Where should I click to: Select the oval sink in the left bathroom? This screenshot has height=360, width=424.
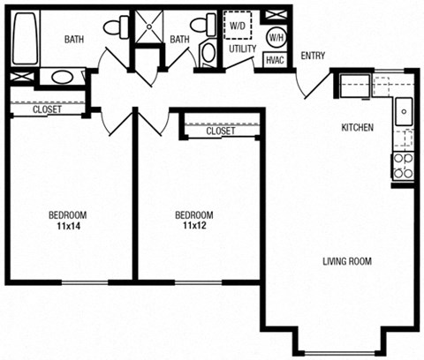pos(61,77)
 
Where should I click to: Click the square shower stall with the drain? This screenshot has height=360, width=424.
pos(148,26)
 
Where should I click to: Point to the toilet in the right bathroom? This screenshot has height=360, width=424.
pos(208,52)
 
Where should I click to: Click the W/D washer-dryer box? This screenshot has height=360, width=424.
pos(238,26)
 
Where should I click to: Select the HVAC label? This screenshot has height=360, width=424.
pos(276,60)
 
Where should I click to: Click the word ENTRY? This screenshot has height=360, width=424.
pos(313,56)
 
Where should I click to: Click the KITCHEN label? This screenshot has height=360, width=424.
pos(358,128)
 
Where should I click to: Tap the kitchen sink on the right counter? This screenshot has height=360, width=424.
pos(404,111)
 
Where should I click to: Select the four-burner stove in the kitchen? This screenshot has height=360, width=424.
pos(403,166)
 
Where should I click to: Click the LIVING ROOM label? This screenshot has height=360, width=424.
pos(346,261)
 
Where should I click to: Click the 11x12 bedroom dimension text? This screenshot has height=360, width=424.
pos(193,226)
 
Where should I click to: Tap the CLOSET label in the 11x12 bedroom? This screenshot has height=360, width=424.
pos(220,131)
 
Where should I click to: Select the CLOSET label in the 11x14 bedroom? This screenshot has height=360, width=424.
pos(47,110)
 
